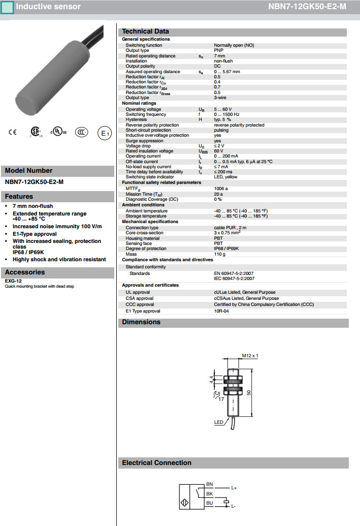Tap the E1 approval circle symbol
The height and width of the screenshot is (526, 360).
tap(104, 134)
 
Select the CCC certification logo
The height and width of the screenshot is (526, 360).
tap(81, 133)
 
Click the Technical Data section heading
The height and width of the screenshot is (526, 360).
tap(145, 32)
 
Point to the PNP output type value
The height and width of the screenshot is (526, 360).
tap(219, 50)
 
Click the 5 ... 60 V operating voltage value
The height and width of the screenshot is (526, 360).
tap(222, 109)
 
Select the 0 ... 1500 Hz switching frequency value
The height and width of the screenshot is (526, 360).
tap(226, 114)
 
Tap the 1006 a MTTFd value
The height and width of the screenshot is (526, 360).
tap(221, 189)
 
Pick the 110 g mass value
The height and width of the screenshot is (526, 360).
tap(219, 254)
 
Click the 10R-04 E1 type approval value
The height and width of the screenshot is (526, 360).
tap(221, 311)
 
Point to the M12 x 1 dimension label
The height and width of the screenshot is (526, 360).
tap(250, 355)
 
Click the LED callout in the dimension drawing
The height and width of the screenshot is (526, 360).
tap(219, 422)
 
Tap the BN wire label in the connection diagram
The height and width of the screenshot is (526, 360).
tap(210, 484)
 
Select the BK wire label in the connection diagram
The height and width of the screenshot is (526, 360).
tap(210, 494)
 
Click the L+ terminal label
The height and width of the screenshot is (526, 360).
tap(234, 488)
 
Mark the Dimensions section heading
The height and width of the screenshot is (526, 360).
tap(141, 322)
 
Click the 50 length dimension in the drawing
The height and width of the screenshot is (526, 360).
tap(249, 393)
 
